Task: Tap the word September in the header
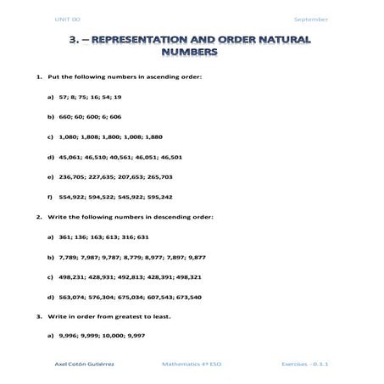[310, 19]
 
